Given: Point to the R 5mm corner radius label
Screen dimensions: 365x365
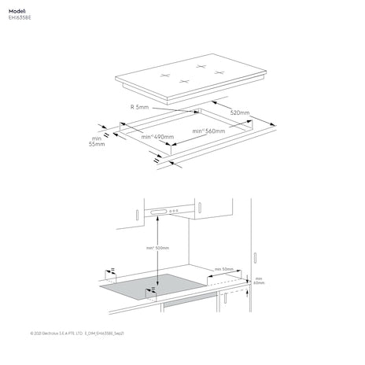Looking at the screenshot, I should coord(140,106).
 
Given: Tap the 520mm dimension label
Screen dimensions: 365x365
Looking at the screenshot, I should coord(240,112).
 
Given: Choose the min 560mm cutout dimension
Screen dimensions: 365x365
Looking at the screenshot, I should coord(209,131).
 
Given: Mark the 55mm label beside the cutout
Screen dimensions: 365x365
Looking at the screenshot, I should coord(96,145).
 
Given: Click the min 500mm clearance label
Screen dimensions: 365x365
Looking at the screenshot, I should coord(157,249).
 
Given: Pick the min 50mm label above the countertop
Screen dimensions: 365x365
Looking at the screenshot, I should coord(222,269).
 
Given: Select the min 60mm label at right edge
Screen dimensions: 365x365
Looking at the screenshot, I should coord(259,282).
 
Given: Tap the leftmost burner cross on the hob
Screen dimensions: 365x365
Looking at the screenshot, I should coord(165,75).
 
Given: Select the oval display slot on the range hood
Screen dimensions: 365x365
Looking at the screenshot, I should coord(157,211).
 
